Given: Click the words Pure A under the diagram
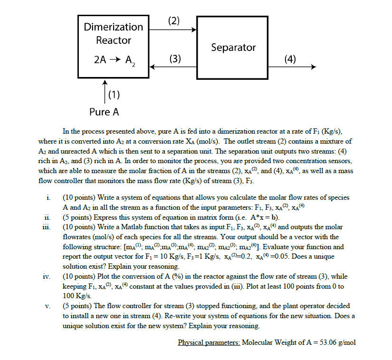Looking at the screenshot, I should (104, 112).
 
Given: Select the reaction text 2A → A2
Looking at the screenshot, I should (114, 60).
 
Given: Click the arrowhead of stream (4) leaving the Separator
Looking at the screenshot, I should (313, 67).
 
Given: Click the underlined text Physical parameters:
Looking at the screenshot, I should (209, 342).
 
